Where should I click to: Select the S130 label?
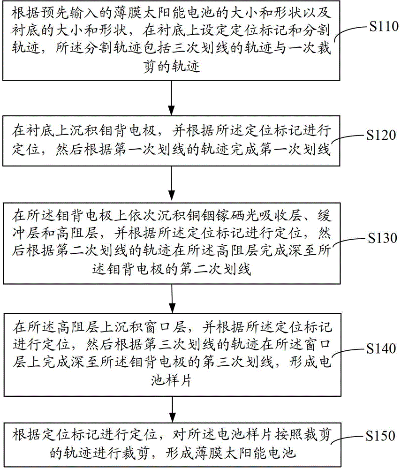382,238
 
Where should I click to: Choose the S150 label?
381,436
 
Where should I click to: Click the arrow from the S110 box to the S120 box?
171,98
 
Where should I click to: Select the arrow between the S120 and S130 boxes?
171,183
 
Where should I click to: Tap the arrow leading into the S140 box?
172,298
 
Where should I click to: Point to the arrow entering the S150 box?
173,409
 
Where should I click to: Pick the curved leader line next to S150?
347,438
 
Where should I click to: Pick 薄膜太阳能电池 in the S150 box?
245,454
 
